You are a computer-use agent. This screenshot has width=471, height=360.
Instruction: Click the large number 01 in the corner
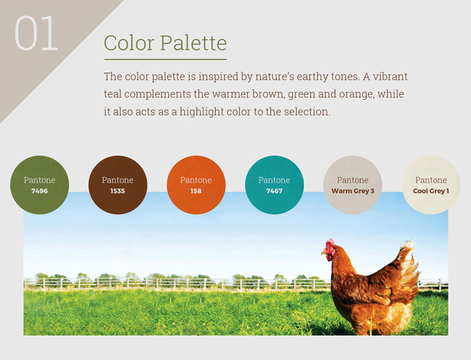pyautogui.click(x=36, y=33)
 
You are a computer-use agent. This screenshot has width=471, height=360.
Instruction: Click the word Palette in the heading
pyautogui.click(x=194, y=43)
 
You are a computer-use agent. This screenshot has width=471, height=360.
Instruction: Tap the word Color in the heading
pyautogui.click(x=129, y=43)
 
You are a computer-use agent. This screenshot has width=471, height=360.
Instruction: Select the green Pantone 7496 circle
pyautogui.click(x=39, y=185)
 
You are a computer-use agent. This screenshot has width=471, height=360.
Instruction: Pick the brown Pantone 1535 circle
pyautogui.click(x=118, y=185)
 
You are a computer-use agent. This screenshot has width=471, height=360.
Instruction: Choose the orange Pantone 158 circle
pyautogui.click(x=196, y=185)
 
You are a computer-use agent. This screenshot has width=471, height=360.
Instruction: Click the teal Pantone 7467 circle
pyautogui.click(x=274, y=185)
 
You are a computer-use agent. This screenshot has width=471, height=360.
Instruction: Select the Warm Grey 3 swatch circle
pyautogui.click(x=353, y=185)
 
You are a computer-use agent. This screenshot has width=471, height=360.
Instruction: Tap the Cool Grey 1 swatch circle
pyautogui.click(x=431, y=185)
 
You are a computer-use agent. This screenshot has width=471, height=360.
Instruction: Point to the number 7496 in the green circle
pyautogui.click(x=39, y=191)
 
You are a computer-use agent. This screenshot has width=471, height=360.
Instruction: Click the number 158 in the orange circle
pyautogui.click(x=196, y=191)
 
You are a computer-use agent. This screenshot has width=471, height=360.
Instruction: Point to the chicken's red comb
pyautogui.click(x=329, y=244)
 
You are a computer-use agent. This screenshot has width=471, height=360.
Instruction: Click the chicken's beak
pyautogui.click(x=323, y=253)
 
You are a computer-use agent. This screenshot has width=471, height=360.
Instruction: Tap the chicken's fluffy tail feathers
pyautogui.click(x=409, y=264)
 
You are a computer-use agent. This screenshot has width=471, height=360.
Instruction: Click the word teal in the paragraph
pyautogui.click(x=112, y=94)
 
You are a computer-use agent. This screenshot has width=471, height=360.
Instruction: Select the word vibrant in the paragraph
pyautogui.click(x=390, y=76)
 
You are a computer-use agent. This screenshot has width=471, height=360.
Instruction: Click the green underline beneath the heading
pyautogui.click(x=165, y=59)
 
